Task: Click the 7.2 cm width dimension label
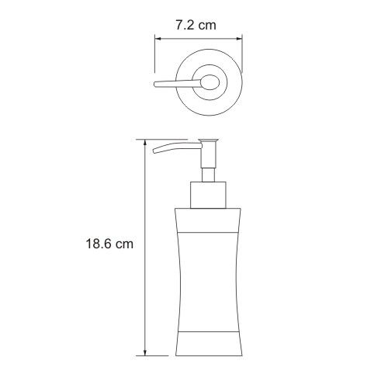pos(196,26)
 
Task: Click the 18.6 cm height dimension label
pos(109,244)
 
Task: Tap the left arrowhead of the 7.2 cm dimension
pos(158,39)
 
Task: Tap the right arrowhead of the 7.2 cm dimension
pos(240,39)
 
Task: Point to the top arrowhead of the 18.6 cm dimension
pos(145,143)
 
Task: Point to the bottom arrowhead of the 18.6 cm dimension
pos(145,352)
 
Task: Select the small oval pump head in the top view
pos(210,82)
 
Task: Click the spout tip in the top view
pos(156,85)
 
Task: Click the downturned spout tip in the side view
pos(155,151)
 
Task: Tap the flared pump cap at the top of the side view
pos(208,141)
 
